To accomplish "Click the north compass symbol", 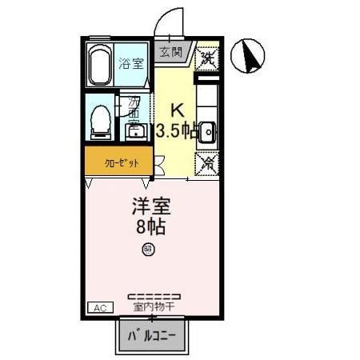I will click(248, 55).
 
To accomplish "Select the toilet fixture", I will click(101, 122).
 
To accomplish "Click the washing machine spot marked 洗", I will click(206, 58).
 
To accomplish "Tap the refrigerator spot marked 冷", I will click(207, 162).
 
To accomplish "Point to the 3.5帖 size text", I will click(177, 130).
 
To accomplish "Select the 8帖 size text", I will click(150, 226).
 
